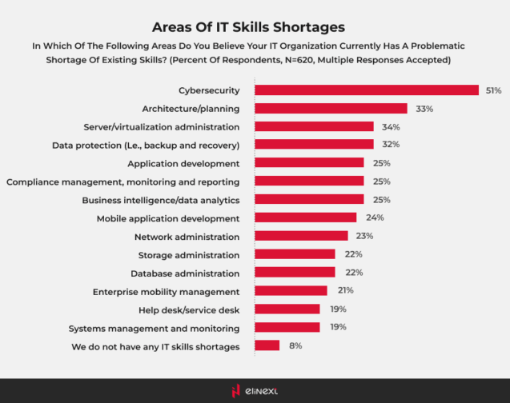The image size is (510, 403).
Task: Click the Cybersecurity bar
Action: point(367,90)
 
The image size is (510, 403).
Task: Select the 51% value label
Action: point(493,90)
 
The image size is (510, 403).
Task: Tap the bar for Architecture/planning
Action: point(331,109)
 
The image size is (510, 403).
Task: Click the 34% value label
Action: point(391,126)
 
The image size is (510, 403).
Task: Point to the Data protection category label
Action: point(146,145)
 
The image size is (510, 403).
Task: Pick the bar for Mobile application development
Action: point(306,217)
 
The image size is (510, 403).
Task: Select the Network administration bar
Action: point(301,236)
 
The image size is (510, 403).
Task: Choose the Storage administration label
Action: point(189,255)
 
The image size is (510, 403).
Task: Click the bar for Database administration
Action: point(295,273)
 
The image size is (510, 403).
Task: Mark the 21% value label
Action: point(346,291)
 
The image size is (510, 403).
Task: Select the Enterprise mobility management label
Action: point(166,291)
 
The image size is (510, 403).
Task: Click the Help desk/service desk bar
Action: point(287,309)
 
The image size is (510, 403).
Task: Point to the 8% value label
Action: point(295,345)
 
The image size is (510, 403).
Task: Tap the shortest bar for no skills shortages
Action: point(267,345)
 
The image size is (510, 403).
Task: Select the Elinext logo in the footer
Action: point(255,390)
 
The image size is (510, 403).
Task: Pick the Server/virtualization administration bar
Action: point(314,126)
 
